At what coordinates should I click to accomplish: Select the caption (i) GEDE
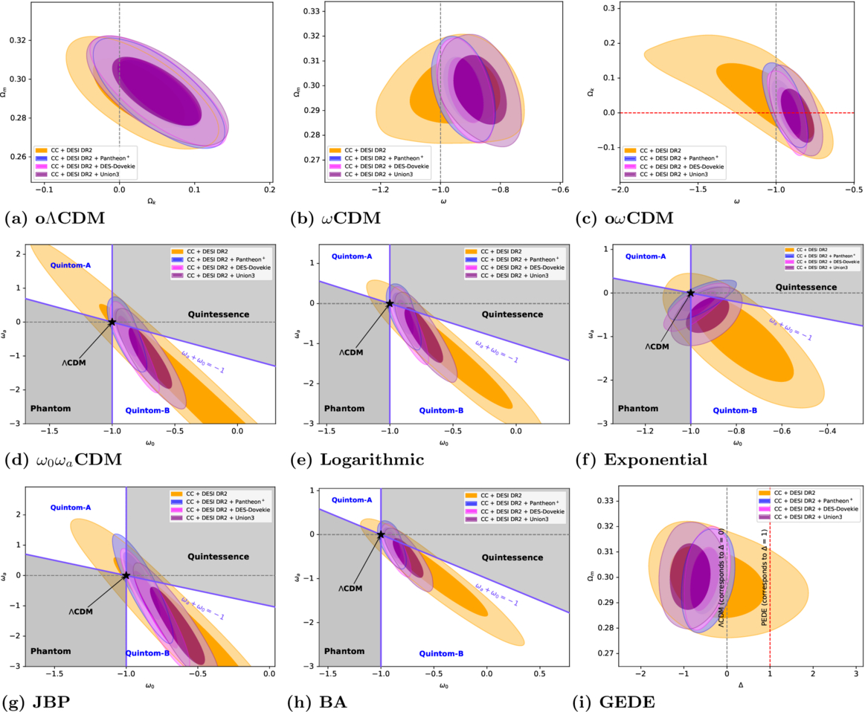615,700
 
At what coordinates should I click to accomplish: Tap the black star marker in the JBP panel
126,575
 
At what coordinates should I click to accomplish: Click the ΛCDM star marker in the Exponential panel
691,293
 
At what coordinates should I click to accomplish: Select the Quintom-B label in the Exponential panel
735,410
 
